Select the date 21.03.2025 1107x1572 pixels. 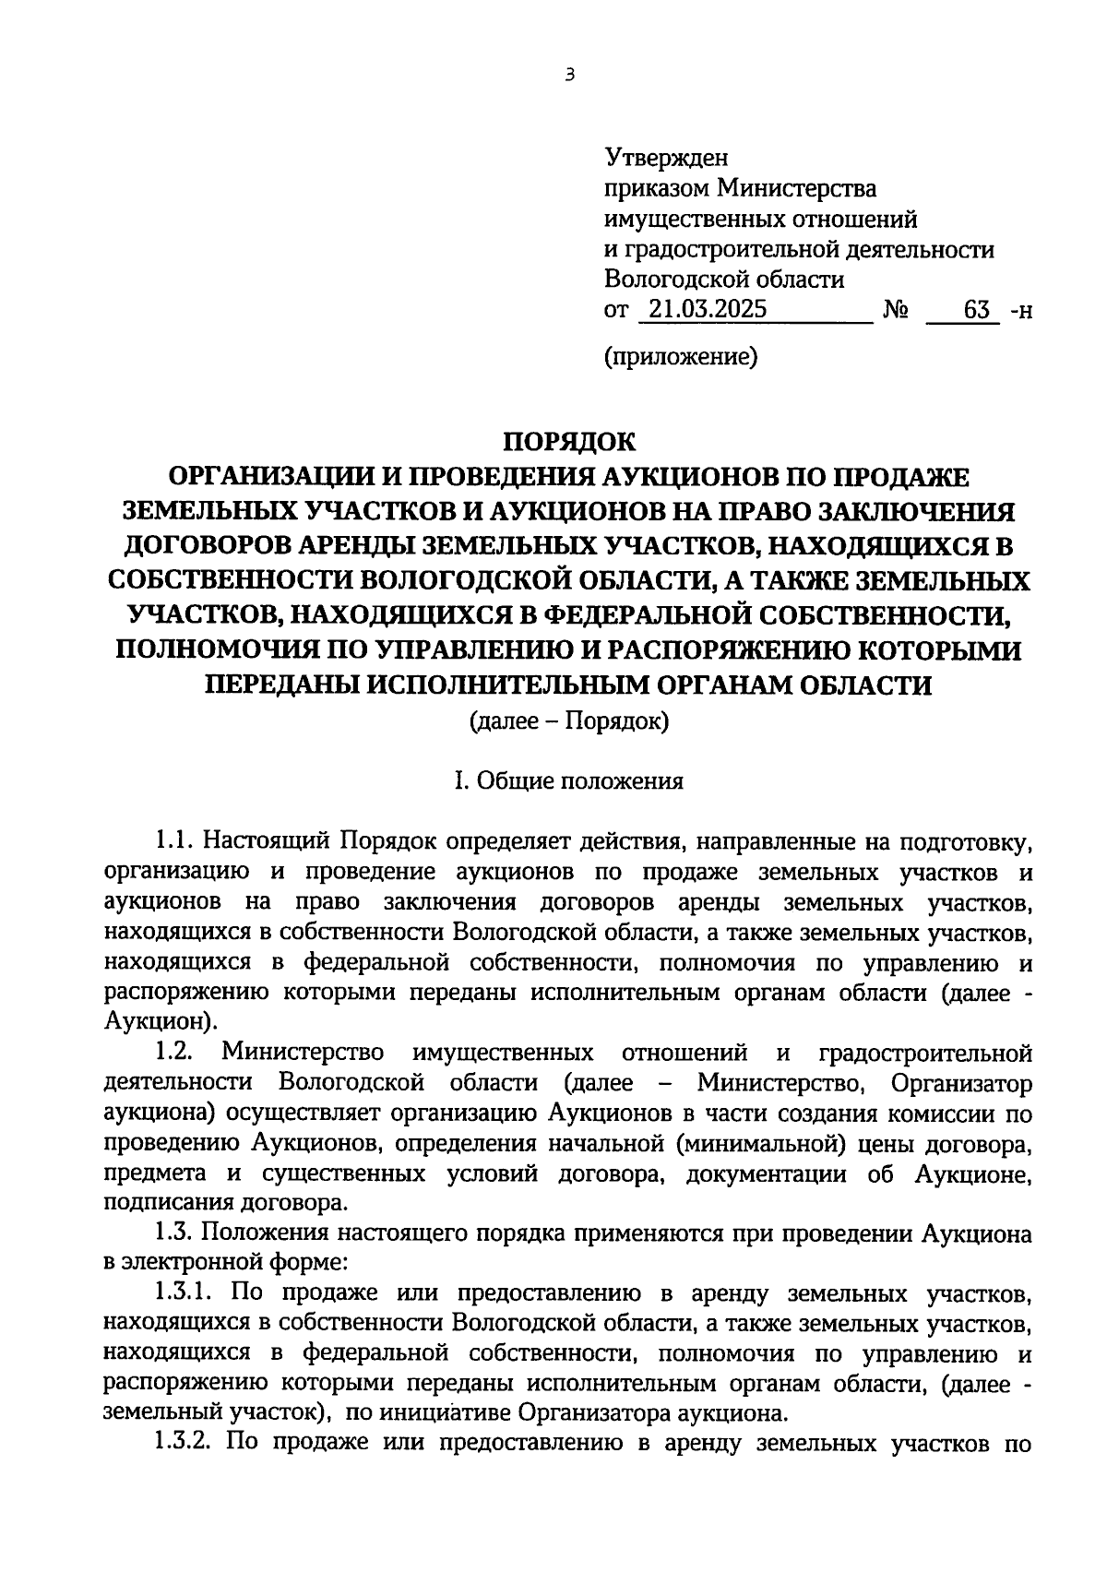(x=706, y=310)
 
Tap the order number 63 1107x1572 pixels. (x=976, y=310)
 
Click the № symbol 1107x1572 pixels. (x=894, y=311)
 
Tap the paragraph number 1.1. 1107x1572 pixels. (x=173, y=841)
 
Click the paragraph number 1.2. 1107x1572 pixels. (x=173, y=1053)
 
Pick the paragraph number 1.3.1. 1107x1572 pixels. (x=183, y=1293)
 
